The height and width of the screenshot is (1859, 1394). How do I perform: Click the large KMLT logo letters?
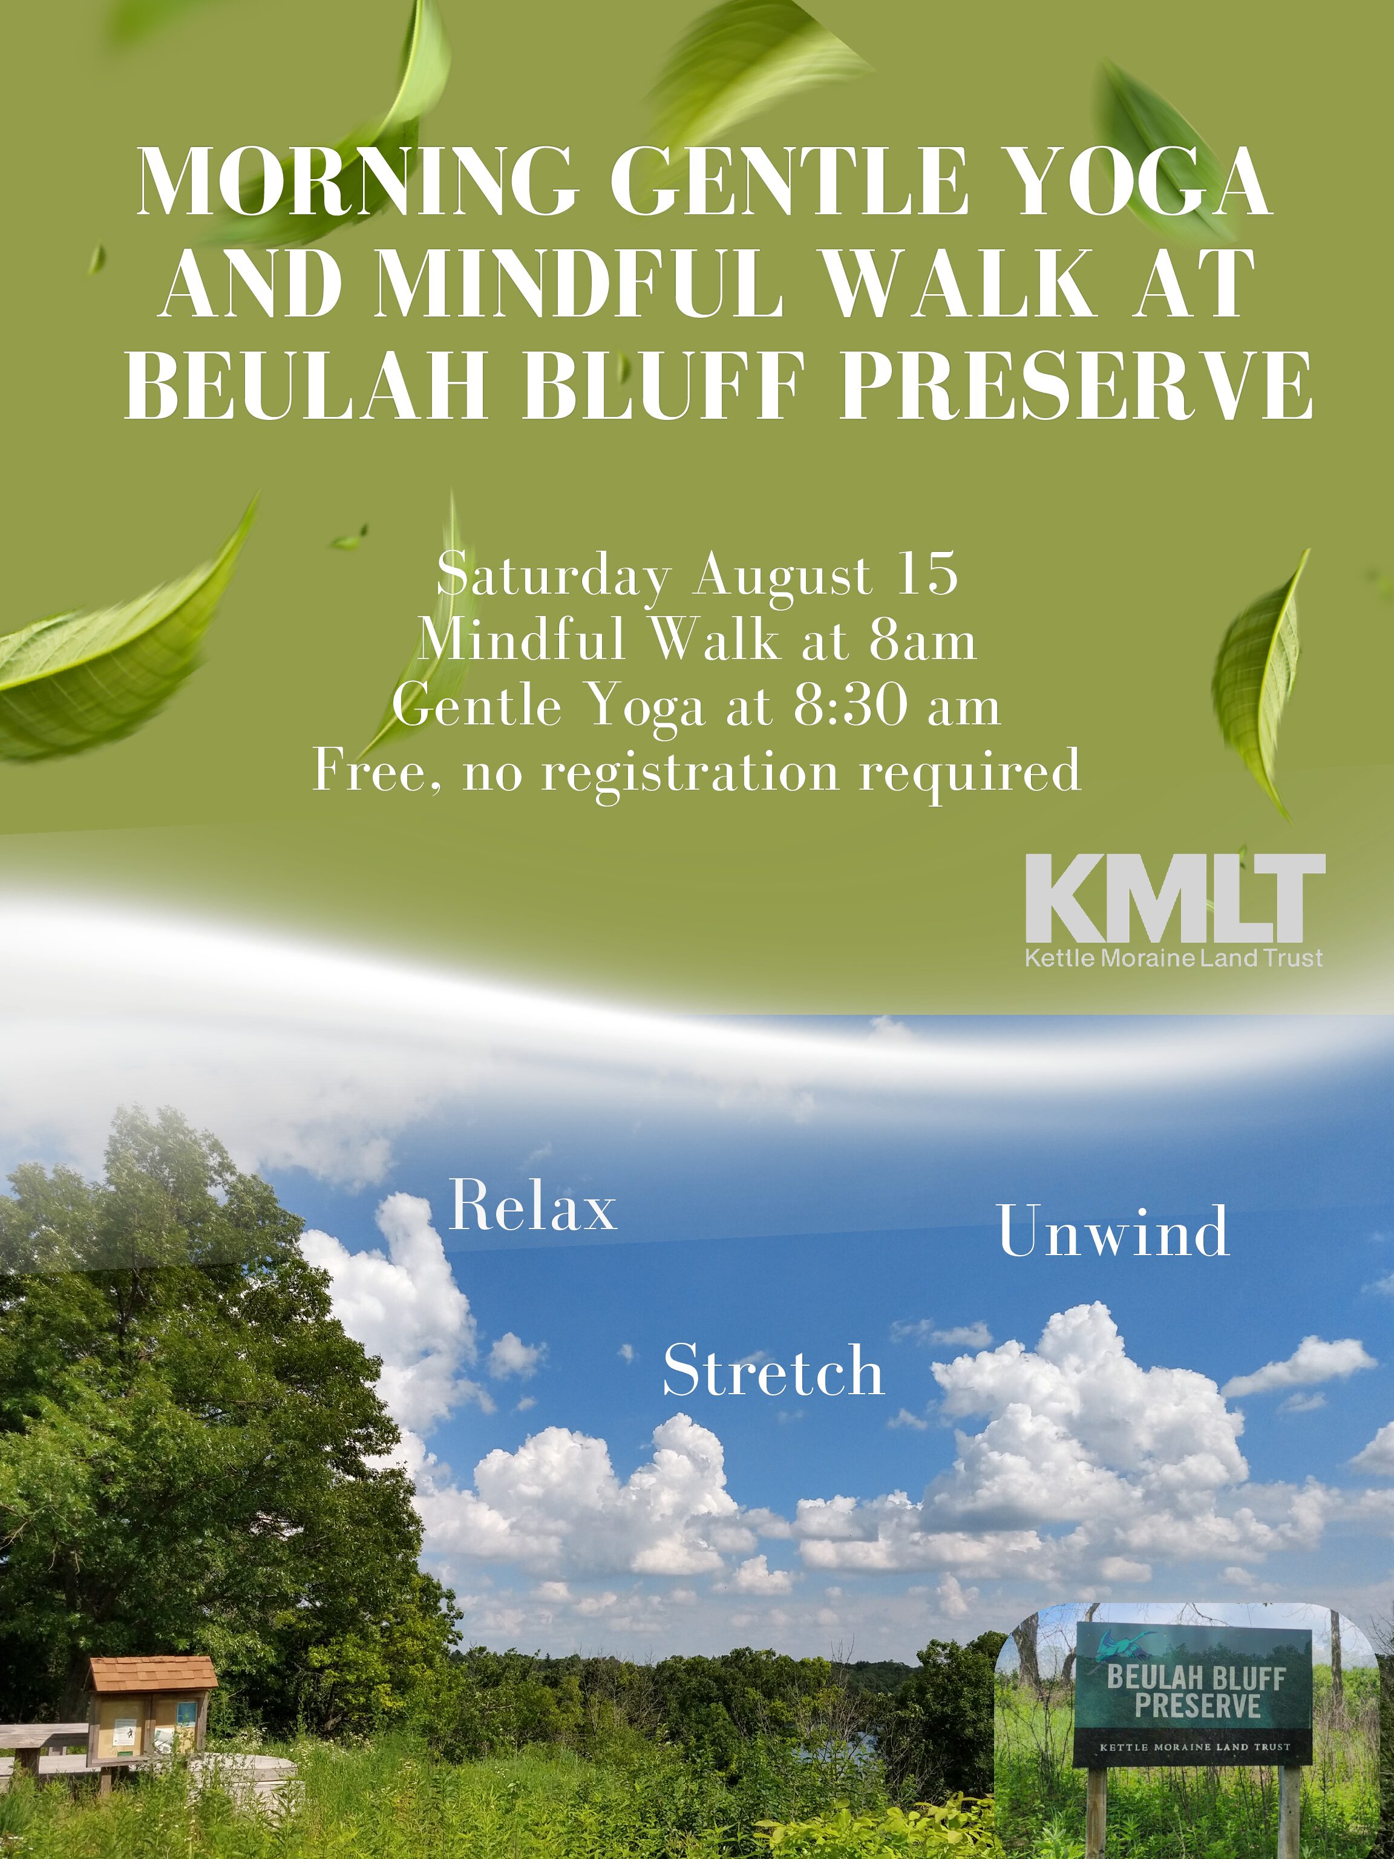click(1176, 899)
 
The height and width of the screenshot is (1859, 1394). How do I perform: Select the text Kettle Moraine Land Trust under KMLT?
click(1174, 957)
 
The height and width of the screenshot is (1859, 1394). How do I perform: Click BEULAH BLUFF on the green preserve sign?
click(1196, 1678)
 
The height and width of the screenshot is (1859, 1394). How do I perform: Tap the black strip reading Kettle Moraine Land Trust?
click(1194, 1747)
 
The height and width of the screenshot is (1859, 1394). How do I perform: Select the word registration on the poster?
click(690, 771)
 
